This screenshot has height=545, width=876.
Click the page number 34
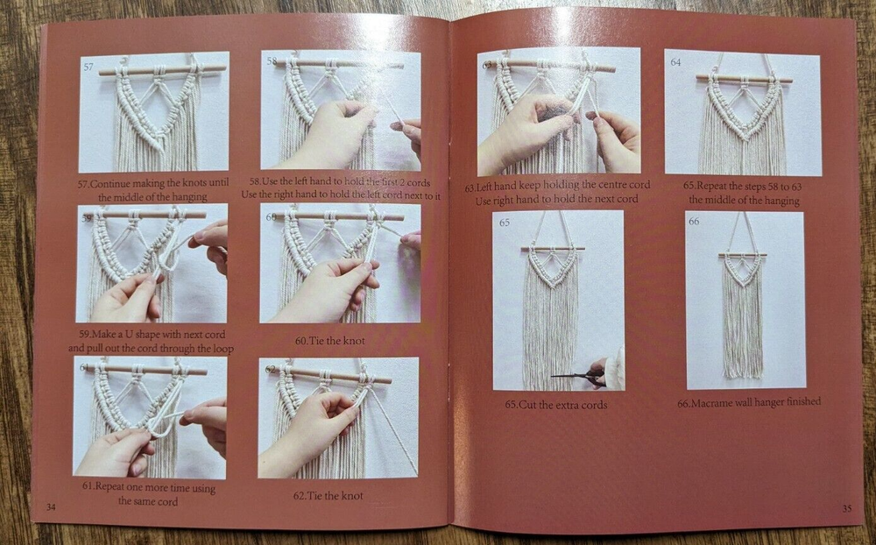pos(50,506)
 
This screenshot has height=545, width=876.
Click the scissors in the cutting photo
pos(575,376)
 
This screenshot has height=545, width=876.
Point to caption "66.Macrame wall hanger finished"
pos(748,402)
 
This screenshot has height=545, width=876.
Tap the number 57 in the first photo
pos(89,67)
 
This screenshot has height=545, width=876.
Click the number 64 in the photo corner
pos(676,62)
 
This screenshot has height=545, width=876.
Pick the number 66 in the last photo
pos(695,222)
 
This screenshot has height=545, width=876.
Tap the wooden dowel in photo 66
pos(743,255)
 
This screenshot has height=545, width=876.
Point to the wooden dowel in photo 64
pos(744,80)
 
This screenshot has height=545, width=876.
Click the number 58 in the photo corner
pos(272,62)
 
